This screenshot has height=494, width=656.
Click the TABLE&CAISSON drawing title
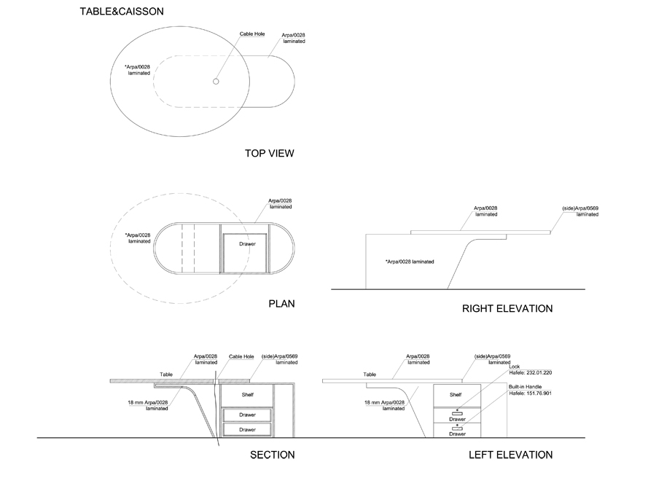(122, 12)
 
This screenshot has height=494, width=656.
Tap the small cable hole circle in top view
(216, 81)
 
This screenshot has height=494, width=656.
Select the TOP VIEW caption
(269, 153)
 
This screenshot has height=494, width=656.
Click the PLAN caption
(282, 303)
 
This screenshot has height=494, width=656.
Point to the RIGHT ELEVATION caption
(507, 308)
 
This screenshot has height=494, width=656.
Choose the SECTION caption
(272, 455)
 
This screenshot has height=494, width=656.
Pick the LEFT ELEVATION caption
(510, 455)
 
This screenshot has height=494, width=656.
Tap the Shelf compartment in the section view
(247, 394)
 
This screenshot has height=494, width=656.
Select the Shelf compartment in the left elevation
(456, 394)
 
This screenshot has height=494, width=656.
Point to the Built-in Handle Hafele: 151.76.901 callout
(530, 390)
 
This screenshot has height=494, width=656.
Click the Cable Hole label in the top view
(252, 34)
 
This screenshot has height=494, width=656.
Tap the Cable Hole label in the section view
(241, 356)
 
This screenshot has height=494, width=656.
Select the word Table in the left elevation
(370, 375)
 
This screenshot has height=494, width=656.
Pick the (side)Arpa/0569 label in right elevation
(580, 211)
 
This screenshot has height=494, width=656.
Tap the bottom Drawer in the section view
(247, 430)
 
